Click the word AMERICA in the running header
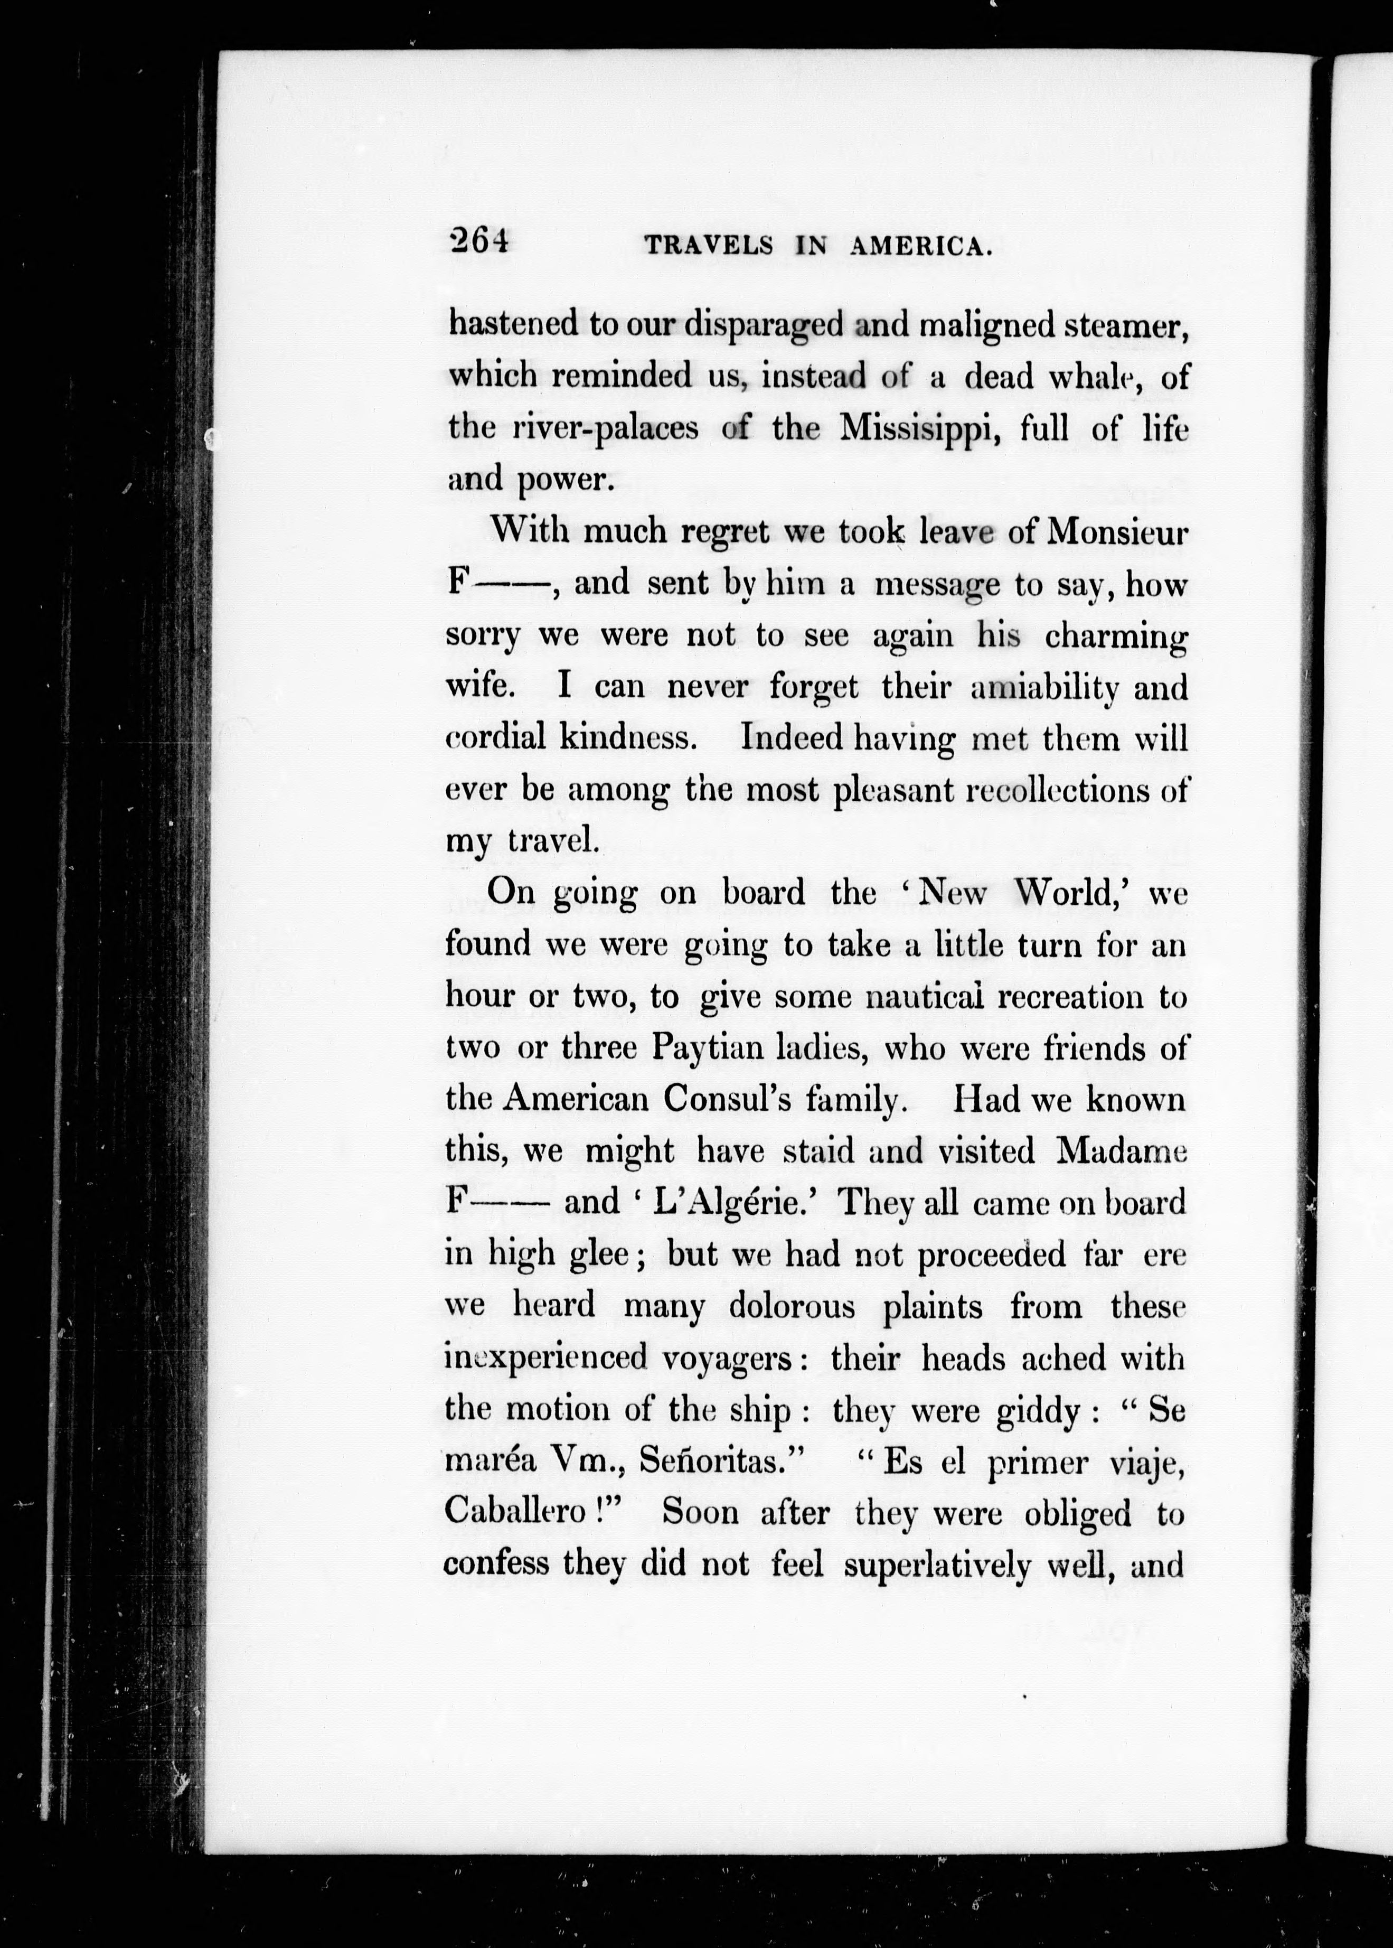point(921,247)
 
